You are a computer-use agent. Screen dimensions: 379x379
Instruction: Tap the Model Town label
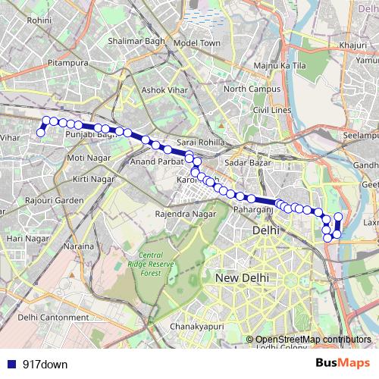pos(196,43)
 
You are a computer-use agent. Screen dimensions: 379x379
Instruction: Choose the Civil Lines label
pos(271,110)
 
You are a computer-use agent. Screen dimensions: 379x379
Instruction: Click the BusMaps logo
pos(343,364)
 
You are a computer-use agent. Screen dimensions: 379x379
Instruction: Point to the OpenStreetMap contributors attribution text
pos(313,339)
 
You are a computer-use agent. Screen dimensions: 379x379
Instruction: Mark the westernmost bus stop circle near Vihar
pos(41,133)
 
